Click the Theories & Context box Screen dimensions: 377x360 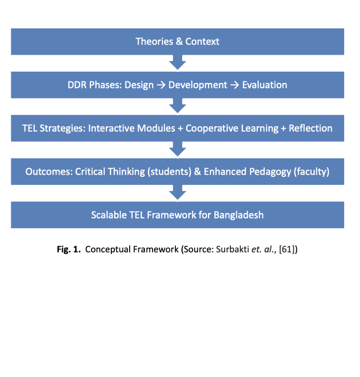177,42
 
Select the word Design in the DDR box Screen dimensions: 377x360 139,85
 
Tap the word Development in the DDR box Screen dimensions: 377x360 198,85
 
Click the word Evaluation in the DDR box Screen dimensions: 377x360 264,85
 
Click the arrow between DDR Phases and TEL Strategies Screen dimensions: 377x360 177,106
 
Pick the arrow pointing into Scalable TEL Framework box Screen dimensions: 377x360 177,193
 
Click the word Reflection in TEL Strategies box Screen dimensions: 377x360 311,128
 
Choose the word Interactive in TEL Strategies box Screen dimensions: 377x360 109,128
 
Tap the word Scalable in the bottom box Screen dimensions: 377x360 109,215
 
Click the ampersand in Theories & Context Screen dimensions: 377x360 179,42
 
